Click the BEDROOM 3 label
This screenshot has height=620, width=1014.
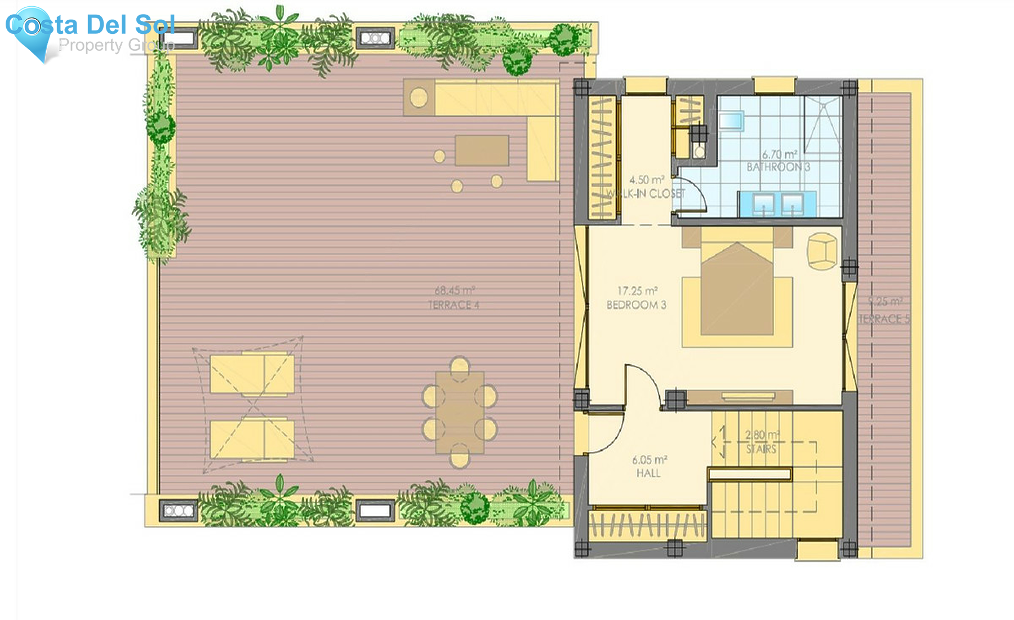pyautogui.click(x=636, y=305)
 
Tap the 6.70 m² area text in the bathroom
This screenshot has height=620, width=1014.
pyautogui.click(x=779, y=154)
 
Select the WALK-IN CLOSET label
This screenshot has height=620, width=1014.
pyautogui.click(x=646, y=194)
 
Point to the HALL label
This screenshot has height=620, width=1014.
pyautogui.click(x=648, y=473)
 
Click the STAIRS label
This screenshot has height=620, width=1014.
pyautogui.click(x=761, y=449)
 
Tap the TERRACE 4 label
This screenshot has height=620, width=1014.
pyautogui.click(x=453, y=305)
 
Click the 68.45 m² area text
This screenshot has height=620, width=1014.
pyautogui.click(x=455, y=291)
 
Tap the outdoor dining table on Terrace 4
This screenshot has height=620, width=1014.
pyautogui.click(x=460, y=412)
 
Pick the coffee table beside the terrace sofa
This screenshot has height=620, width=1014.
pyautogui.click(x=482, y=150)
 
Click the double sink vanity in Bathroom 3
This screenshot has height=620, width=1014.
pyautogui.click(x=777, y=203)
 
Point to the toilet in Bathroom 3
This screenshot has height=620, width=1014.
pyautogui.click(x=699, y=151)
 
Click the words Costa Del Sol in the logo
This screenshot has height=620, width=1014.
pyautogui.click(x=90, y=25)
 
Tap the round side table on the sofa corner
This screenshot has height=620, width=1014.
pyautogui.click(x=418, y=98)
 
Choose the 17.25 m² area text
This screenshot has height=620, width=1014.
pyautogui.click(x=637, y=291)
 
